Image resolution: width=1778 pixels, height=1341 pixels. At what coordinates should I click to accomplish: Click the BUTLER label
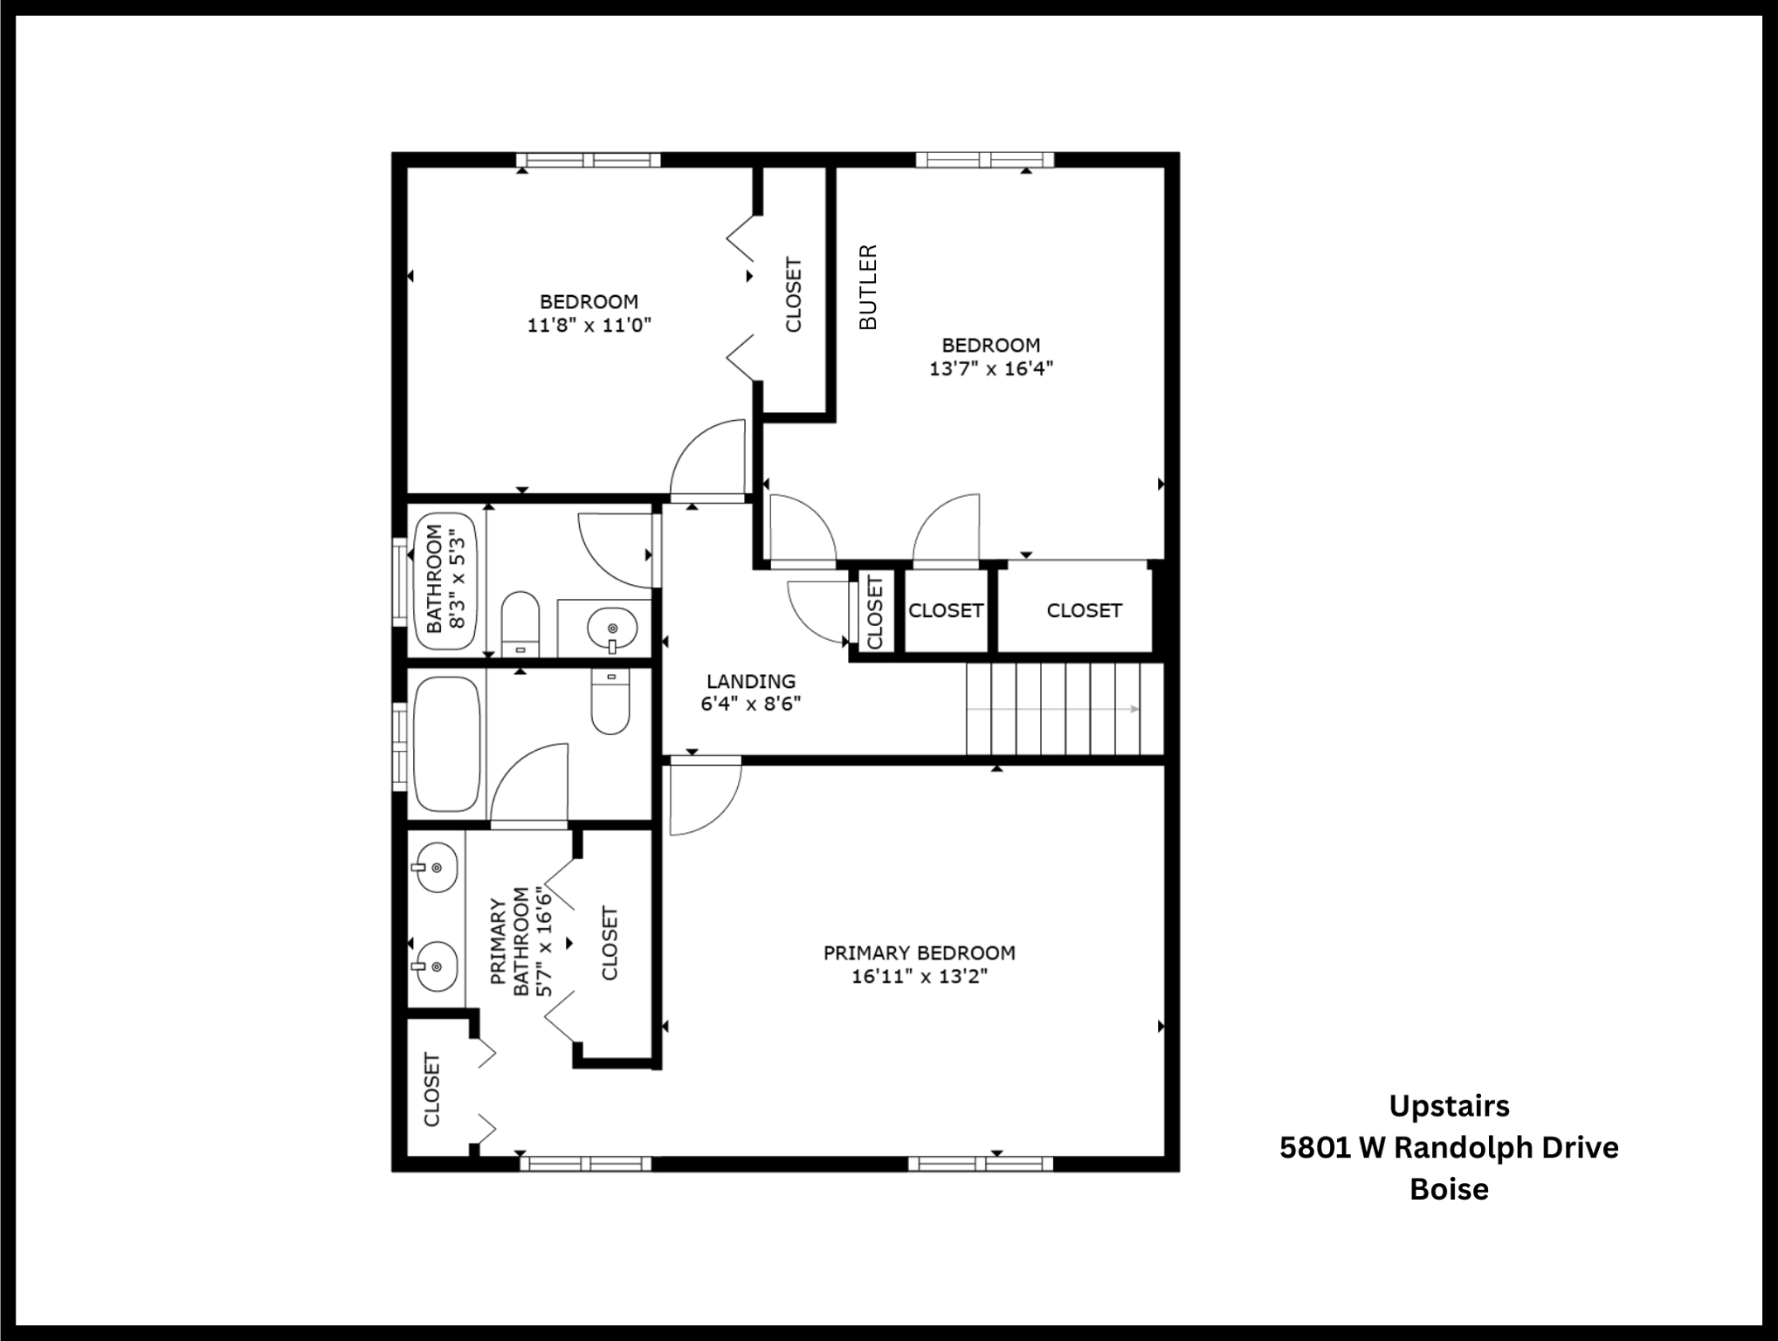coord(868,287)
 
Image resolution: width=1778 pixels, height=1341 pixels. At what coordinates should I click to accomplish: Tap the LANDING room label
coord(751,681)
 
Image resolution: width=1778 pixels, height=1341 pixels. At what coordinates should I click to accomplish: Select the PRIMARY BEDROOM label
coord(920,952)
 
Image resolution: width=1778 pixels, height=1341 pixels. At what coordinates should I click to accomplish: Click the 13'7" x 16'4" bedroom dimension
coord(991,368)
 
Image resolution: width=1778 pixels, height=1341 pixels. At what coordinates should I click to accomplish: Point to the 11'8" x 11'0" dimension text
coord(589,326)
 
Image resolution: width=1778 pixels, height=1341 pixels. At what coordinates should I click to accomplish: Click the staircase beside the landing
coord(1065,708)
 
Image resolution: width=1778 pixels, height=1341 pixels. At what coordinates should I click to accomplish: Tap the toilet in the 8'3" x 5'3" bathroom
coord(520,623)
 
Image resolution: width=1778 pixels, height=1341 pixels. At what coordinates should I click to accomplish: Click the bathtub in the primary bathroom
coord(446,744)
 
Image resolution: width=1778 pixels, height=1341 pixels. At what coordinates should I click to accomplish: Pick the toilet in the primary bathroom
coord(610,701)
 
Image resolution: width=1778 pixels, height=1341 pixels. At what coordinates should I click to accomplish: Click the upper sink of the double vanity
coord(434,868)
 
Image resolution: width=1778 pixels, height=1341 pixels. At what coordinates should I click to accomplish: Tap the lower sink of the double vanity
coord(434,966)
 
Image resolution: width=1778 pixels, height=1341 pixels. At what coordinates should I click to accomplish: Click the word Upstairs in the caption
coord(1449,1106)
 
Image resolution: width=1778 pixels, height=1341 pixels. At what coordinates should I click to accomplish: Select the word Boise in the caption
coord(1449,1189)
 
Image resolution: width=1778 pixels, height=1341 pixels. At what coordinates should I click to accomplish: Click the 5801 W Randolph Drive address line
coord(1449,1147)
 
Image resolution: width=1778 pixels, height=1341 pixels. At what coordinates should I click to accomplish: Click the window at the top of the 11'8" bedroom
coord(588,160)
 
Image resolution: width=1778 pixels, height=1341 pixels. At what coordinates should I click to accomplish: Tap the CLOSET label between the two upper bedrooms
coord(793,294)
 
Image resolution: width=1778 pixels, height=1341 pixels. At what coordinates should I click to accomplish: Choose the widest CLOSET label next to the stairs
coord(1084,610)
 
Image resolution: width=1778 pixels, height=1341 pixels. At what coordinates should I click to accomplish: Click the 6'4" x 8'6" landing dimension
coord(751,704)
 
